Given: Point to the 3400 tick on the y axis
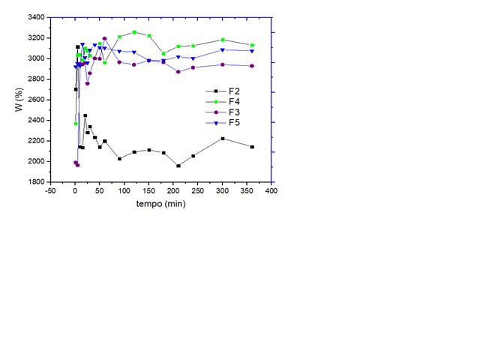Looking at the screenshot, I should pyautogui.click(x=35, y=17).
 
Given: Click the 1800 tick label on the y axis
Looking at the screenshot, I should pyautogui.click(x=35, y=182).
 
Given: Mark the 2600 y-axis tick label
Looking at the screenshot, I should pyautogui.click(x=35, y=100).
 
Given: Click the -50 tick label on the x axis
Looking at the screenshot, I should pyautogui.click(x=50, y=191).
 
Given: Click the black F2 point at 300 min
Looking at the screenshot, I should pyautogui.click(x=223, y=139).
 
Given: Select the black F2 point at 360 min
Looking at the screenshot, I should pyautogui.click(x=252, y=147).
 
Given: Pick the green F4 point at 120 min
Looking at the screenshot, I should pyautogui.click(x=134, y=32).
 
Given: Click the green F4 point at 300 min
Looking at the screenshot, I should pyautogui.click(x=223, y=40).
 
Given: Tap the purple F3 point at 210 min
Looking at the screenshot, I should pyautogui.click(x=178, y=72).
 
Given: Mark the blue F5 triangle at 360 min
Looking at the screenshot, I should pyautogui.click(x=252, y=51).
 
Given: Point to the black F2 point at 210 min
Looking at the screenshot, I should pyautogui.click(x=178, y=166).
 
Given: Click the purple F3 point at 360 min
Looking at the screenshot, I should pyautogui.click(x=252, y=66).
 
